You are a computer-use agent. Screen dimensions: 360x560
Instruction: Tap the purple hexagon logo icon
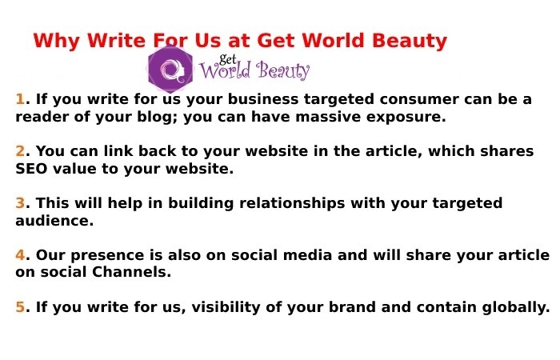[170, 70]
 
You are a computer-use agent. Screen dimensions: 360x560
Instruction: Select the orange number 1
[20, 100]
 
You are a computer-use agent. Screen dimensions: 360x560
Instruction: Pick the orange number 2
[20, 152]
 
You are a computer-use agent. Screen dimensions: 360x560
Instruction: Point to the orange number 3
[20, 203]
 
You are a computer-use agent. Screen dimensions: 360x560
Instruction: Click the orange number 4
[20, 255]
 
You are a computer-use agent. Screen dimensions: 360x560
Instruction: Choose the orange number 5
[20, 307]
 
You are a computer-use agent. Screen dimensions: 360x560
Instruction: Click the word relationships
[270, 203]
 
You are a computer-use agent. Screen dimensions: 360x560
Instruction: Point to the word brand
[346, 307]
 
